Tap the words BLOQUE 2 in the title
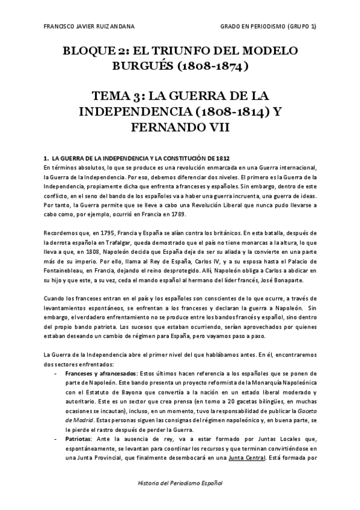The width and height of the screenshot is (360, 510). [90, 51]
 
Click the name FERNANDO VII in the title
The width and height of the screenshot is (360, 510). [180, 127]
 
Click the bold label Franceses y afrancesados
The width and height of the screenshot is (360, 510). [100, 373]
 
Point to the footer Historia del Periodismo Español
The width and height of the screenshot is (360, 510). [179, 484]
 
